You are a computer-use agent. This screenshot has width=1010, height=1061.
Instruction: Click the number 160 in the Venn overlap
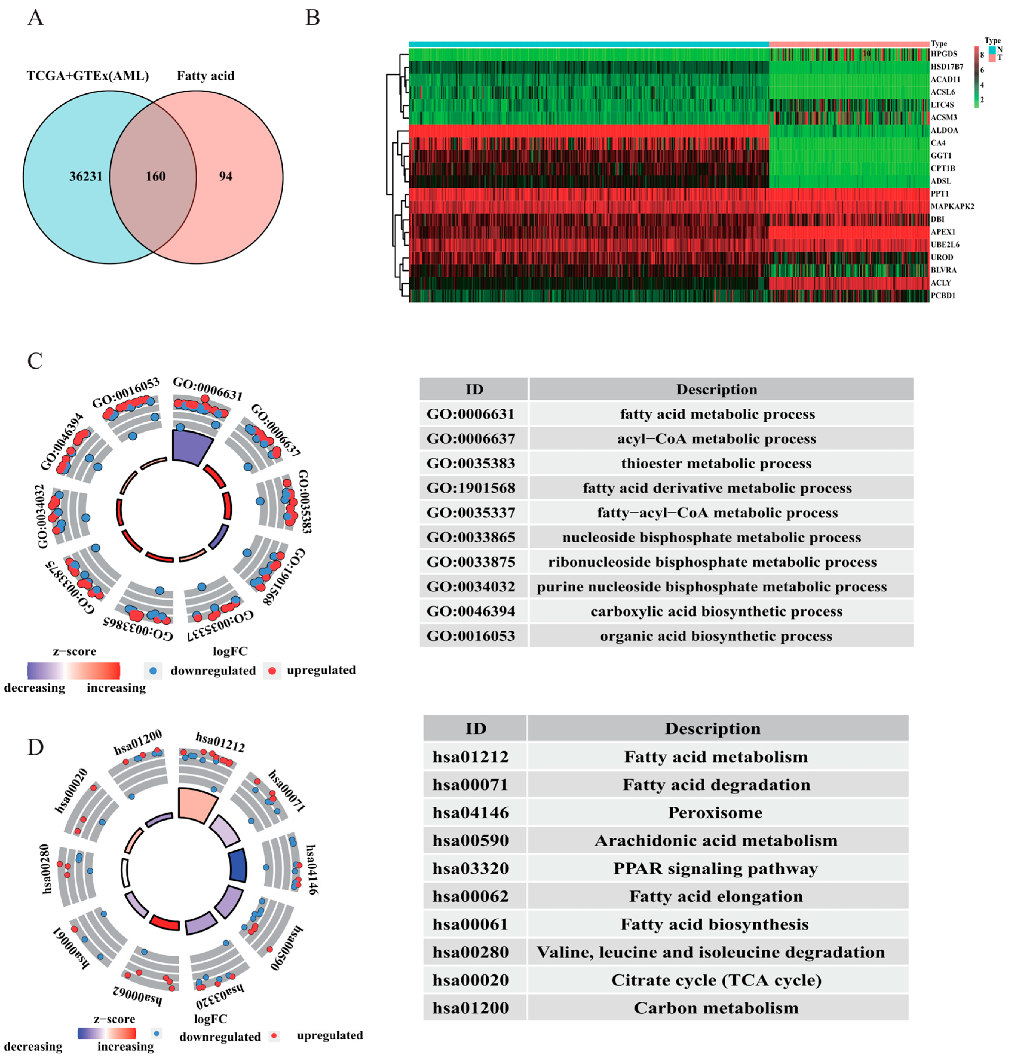click(156, 177)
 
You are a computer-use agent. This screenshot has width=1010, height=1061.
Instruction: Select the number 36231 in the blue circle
click(86, 177)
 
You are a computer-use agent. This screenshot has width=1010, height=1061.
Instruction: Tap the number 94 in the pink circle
click(225, 177)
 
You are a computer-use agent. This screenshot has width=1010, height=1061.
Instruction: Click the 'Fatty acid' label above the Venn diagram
click(206, 76)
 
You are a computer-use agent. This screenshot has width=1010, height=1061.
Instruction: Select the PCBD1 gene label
click(943, 295)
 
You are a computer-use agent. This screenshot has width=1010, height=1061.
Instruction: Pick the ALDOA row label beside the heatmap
click(944, 130)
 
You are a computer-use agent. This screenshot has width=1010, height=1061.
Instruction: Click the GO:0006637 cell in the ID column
click(471, 439)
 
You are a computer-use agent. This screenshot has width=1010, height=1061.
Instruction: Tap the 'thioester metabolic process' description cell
click(716, 464)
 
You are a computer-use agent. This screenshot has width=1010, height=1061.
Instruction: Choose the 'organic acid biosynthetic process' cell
click(716, 636)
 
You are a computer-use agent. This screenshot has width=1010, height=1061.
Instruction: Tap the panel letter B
click(312, 18)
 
